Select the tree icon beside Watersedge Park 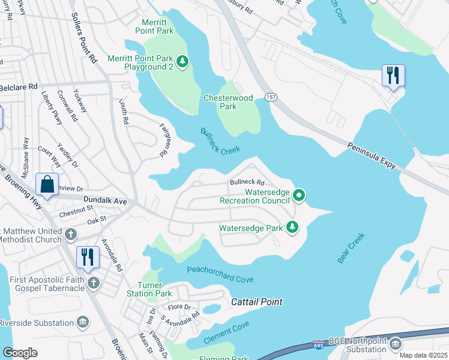[x=292, y=227]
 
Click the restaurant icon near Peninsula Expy [x=393, y=76]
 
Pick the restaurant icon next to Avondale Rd [x=88, y=257]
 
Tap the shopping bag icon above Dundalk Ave [x=47, y=184]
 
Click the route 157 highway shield [x=271, y=97]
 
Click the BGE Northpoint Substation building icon [x=395, y=344]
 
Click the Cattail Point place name [x=257, y=302]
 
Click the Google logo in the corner [x=20, y=352]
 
